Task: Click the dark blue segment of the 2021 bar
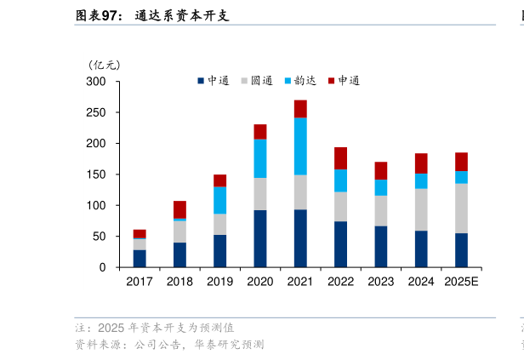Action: click(300, 238)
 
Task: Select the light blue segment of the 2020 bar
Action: click(260, 158)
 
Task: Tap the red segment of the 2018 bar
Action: click(179, 209)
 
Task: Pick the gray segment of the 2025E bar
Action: click(461, 209)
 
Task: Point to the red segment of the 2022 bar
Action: click(340, 158)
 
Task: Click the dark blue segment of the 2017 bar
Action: click(140, 259)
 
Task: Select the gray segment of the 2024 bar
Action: click(421, 209)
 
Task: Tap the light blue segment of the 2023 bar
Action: click(381, 187)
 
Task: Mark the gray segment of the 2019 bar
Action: click(219, 225)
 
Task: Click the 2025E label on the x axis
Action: click(461, 281)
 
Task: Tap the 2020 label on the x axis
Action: click(260, 281)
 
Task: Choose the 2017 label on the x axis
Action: click(140, 281)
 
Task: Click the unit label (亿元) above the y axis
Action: click(105, 64)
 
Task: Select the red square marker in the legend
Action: click(333, 81)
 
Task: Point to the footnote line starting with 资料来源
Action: click(169, 345)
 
